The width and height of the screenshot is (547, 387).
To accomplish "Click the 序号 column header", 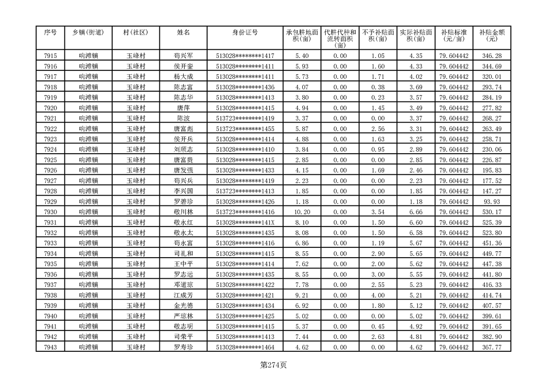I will pos(50,32).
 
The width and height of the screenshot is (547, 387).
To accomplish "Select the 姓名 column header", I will pos(183,32).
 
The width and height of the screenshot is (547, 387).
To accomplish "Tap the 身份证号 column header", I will pos(245,32).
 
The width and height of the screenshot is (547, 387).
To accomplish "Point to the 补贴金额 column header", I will pos(491,36).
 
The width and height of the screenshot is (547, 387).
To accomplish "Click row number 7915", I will pos(50,56).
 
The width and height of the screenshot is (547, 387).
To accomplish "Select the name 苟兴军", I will pos(183,56).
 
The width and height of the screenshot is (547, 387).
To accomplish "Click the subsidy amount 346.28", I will pos(491,56).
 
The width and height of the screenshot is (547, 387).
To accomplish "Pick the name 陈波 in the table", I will pos(183,118).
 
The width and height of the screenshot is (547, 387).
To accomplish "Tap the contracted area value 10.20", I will pos(302,212).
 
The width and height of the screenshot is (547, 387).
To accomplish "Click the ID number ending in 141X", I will pos(245,223).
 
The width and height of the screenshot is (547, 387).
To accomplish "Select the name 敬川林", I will pos(183,212).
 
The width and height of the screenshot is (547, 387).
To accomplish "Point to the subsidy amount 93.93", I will pos(491,202).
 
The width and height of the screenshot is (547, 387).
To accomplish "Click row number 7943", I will pos(50,347).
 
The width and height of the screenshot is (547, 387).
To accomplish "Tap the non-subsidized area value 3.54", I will pos(378,212).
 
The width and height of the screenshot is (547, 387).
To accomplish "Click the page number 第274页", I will pos(273,365).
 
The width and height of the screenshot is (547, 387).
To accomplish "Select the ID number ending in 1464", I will pos(245,347).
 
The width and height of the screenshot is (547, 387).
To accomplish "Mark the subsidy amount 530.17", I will pos(491,212).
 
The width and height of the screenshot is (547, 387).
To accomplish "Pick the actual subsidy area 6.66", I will pos(416,212).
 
